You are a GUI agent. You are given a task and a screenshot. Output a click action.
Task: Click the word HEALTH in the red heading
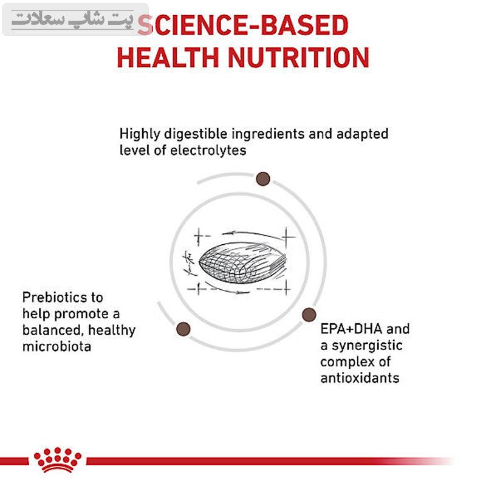(x=168, y=57)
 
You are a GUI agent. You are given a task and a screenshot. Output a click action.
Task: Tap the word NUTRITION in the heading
(x=298, y=57)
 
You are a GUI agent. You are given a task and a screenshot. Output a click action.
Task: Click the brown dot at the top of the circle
(x=263, y=179)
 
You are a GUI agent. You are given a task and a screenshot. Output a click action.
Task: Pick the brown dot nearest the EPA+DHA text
(x=309, y=315)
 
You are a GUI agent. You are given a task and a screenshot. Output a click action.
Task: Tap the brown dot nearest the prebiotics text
(x=183, y=329)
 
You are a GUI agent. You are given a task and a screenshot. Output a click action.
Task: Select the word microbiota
(x=56, y=346)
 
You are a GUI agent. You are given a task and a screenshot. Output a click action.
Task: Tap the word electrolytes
(x=208, y=150)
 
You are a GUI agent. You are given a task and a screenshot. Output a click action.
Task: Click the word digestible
(x=196, y=134)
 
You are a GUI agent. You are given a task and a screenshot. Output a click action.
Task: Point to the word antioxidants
(x=360, y=378)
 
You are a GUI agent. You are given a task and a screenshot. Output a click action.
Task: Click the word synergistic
(x=367, y=346)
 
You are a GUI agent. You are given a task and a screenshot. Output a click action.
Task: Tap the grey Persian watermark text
(x=72, y=20)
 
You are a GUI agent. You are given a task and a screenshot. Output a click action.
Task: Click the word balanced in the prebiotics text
(x=53, y=330)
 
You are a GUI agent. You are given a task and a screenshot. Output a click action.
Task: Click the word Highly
(x=140, y=134)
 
